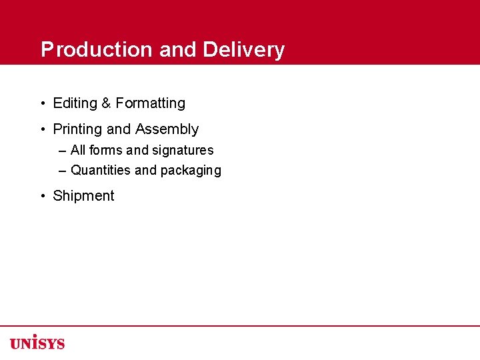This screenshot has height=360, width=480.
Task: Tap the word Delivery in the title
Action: coord(244,50)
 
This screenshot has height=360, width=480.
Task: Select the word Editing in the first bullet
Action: coord(75,103)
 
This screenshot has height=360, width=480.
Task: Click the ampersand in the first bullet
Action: coord(106,103)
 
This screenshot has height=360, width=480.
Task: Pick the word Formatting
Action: coord(150,103)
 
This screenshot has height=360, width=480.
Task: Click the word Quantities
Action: coord(101,171)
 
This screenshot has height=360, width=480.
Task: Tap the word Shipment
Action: coord(83,196)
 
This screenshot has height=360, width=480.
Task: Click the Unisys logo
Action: coord(37,343)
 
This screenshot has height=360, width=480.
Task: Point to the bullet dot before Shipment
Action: coord(42,196)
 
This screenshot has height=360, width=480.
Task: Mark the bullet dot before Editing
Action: coord(42,103)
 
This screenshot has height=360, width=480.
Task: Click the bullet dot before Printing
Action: coord(42,129)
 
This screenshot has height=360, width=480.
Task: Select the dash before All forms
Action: coord(63,151)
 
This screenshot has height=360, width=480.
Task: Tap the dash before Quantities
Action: coord(63,171)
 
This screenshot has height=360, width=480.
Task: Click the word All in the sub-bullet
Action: coord(78,151)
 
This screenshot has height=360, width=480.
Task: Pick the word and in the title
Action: coord(179,50)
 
